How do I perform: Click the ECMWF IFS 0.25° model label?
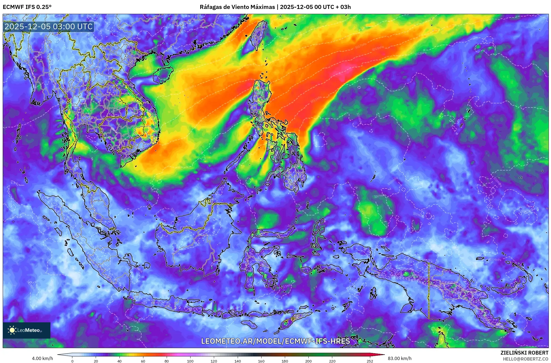click(x=27, y=7)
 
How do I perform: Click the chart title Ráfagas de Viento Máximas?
click(x=237, y=7)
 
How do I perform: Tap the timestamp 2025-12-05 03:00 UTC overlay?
click(x=49, y=27)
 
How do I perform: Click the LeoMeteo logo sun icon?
click(x=12, y=330)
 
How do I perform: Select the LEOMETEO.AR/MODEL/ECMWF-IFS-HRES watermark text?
click(x=275, y=341)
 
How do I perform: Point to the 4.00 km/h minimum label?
click(x=42, y=358)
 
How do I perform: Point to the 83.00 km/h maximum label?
click(x=399, y=358)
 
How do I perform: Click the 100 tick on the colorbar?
click(x=190, y=361)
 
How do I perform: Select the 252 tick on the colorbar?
click(x=370, y=361)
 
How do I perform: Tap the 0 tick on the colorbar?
click(x=72, y=361)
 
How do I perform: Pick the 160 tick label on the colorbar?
click(x=261, y=361)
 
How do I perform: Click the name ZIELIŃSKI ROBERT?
click(x=524, y=353)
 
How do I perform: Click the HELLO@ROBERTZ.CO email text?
click(x=526, y=359)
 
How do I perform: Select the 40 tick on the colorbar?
click(x=120, y=361)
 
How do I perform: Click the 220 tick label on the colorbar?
click(x=332, y=361)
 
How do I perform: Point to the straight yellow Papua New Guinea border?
click(x=429, y=290)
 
